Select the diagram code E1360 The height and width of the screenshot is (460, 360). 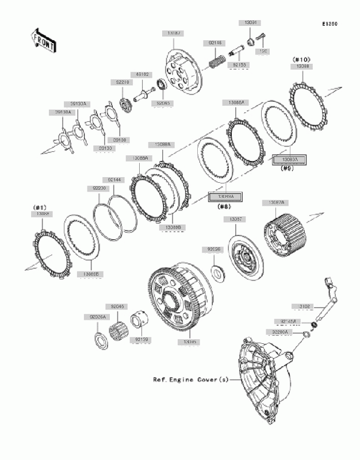329,25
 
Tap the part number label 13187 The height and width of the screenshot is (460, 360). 174,34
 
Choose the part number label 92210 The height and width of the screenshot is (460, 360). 122,82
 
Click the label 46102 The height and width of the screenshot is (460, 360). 143,74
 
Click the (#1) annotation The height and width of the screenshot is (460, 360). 40,207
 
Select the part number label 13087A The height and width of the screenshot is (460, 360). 274,203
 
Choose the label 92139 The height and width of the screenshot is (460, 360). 141,339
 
